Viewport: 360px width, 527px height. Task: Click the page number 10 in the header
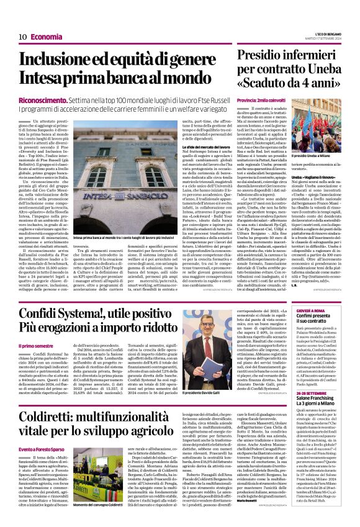pyautogui.click(x=22, y=37)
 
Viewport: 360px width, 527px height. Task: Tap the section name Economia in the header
pyautogui.click(x=47, y=37)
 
